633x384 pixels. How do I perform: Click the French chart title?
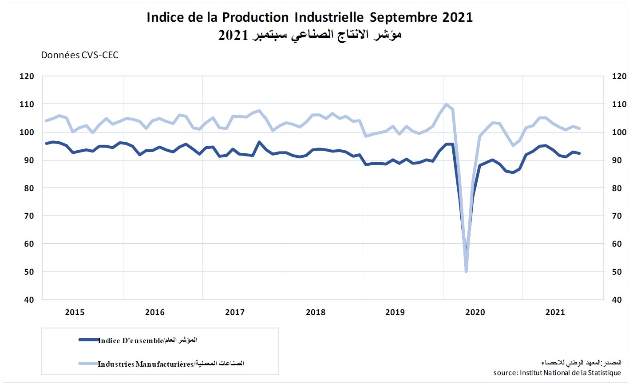tap(309, 17)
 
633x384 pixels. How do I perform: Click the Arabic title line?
tap(309, 35)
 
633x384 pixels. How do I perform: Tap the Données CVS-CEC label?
tap(80, 55)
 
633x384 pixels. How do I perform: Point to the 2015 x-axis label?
tap(75, 312)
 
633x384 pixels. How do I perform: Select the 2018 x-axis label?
tap(315, 312)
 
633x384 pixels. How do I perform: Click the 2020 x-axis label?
tap(475, 312)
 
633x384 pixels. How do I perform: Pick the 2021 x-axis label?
tap(555, 312)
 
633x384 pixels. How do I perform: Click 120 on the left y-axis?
tap(27, 76)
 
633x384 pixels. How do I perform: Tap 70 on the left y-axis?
tap(29, 216)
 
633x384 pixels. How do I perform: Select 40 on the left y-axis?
tap(29, 300)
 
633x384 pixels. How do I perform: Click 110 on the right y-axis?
tap(619, 104)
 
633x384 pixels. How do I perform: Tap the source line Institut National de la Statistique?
tap(557, 372)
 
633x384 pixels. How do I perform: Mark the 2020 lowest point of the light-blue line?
tap(466, 271)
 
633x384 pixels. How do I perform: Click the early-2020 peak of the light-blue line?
tap(446, 104)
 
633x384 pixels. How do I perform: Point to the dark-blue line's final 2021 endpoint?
tap(580, 153)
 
